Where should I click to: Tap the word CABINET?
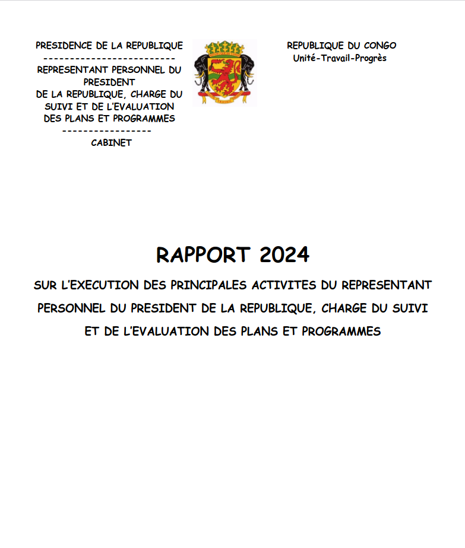111,143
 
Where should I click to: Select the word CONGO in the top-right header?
378,46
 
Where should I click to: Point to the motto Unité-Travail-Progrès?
340,58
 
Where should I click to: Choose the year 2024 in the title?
284,254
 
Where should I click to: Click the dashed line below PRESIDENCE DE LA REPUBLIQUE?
109,58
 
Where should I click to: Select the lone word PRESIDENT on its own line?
109,82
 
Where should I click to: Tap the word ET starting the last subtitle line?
92,332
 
